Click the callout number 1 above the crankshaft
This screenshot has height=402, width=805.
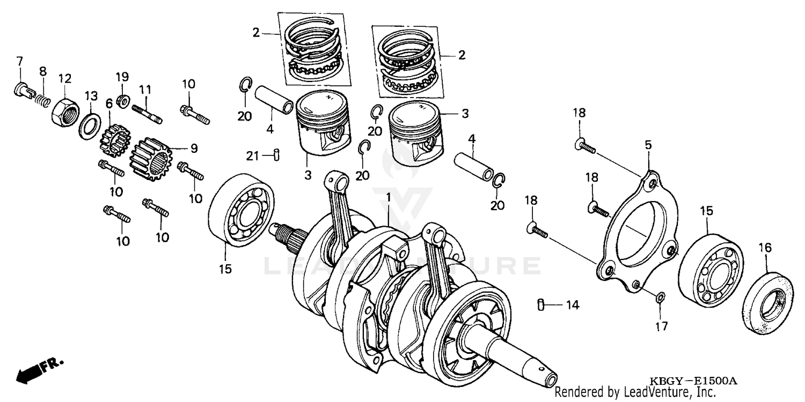pyautogui.click(x=389, y=197)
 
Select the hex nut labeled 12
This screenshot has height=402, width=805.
pyautogui.click(x=65, y=109)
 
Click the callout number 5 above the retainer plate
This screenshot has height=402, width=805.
pyautogui.click(x=648, y=145)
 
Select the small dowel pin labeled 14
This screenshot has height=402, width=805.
pyautogui.click(x=541, y=305)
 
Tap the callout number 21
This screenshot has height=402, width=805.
pyautogui.click(x=253, y=156)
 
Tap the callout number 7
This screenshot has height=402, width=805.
pyautogui.click(x=19, y=59)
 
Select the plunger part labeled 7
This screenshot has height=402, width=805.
pyautogui.click(x=23, y=89)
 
